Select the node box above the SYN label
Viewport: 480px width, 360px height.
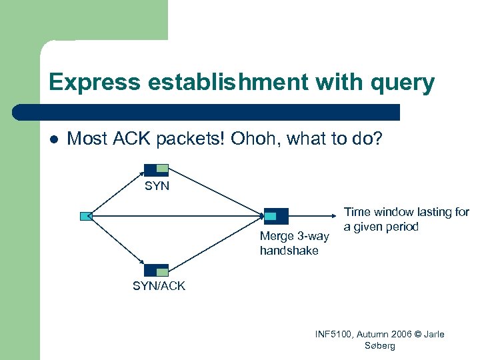point(157,169)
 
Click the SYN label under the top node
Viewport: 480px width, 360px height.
point(157,187)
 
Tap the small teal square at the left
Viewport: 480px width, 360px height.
point(85,216)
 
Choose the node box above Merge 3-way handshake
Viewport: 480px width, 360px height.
point(276,216)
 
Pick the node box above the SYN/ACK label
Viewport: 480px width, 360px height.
point(157,270)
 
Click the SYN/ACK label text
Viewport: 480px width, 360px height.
point(159,286)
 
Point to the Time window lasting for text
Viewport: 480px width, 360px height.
point(406,212)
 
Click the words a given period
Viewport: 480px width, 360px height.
point(381,227)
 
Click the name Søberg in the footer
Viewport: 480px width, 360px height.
point(381,346)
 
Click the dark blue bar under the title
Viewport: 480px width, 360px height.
point(207,111)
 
